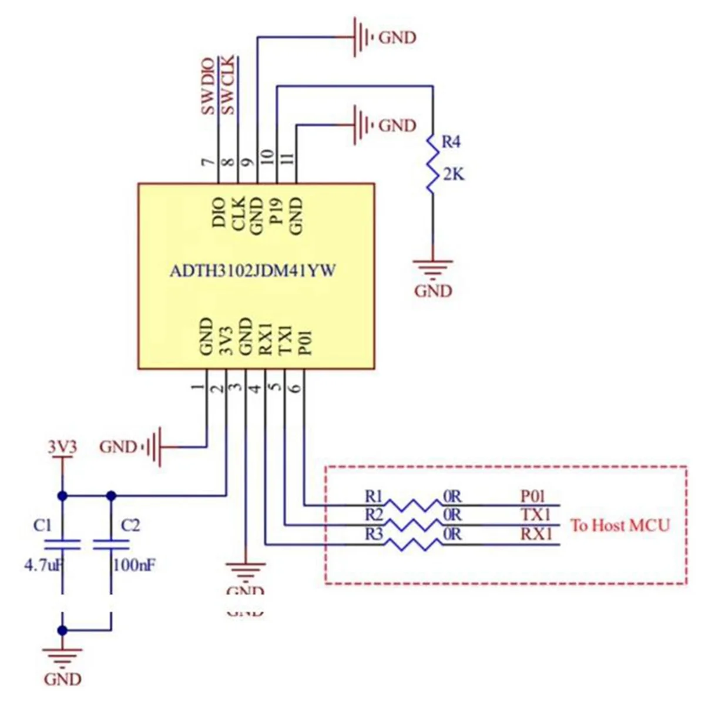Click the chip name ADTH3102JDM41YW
[253, 271]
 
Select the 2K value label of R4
[453, 174]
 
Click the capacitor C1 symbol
[62, 542]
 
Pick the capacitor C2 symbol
[110, 542]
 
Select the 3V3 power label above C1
[62, 448]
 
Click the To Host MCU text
[620, 525]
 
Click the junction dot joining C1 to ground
[62, 630]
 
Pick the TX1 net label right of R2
[536, 515]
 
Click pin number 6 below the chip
[296, 387]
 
